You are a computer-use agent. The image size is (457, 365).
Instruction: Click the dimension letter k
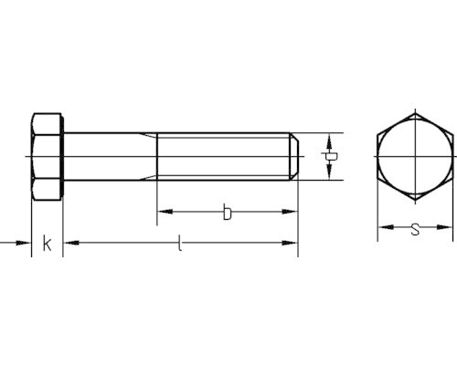tap(47, 243)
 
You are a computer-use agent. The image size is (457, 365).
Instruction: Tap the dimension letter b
tap(227, 212)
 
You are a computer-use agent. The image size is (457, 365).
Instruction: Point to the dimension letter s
tap(415, 229)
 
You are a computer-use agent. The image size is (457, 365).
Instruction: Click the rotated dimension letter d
tap(329, 157)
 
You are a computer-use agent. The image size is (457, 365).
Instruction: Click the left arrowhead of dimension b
tap(165, 212)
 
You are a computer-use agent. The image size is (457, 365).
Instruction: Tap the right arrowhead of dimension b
tap(290, 212)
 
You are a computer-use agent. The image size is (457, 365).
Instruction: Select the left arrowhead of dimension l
tap(71, 243)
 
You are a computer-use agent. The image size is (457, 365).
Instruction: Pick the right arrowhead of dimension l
tap(290, 243)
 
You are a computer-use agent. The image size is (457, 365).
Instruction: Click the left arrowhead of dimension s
tap(386, 227)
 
